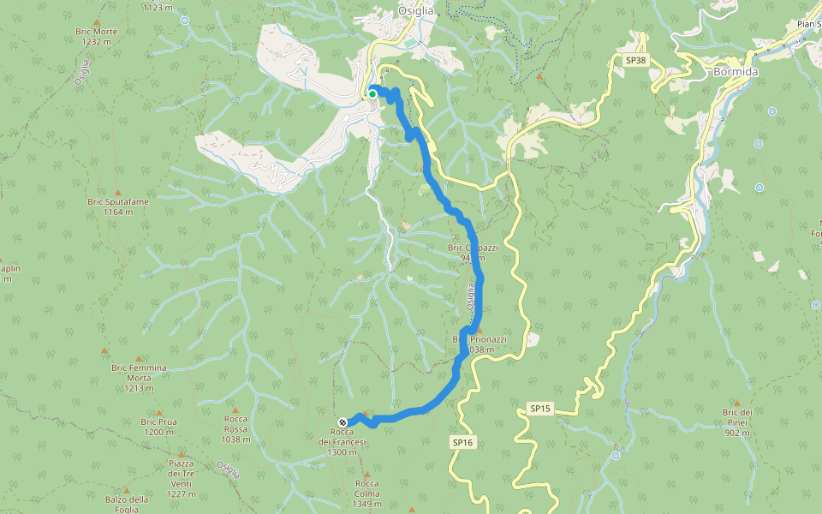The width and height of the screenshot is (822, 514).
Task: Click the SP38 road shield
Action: tap(634, 61)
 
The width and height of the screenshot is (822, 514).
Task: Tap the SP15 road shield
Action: tap(539, 409)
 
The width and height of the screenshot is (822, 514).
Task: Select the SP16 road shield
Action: tap(462, 442)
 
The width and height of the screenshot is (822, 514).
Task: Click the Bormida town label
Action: tap(735, 72)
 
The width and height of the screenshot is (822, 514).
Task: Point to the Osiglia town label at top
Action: tap(416, 10)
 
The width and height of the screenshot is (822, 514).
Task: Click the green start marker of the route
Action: tap(372, 93)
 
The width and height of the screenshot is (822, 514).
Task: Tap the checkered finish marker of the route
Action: tap(342, 421)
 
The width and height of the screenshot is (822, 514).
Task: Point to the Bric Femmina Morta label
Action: tap(139, 373)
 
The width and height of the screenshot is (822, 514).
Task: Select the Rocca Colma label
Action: tap(366, 487)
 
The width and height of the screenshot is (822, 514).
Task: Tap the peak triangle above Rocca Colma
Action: tap(366, 473)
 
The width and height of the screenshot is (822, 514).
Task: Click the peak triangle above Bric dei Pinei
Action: tap(736, 401)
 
